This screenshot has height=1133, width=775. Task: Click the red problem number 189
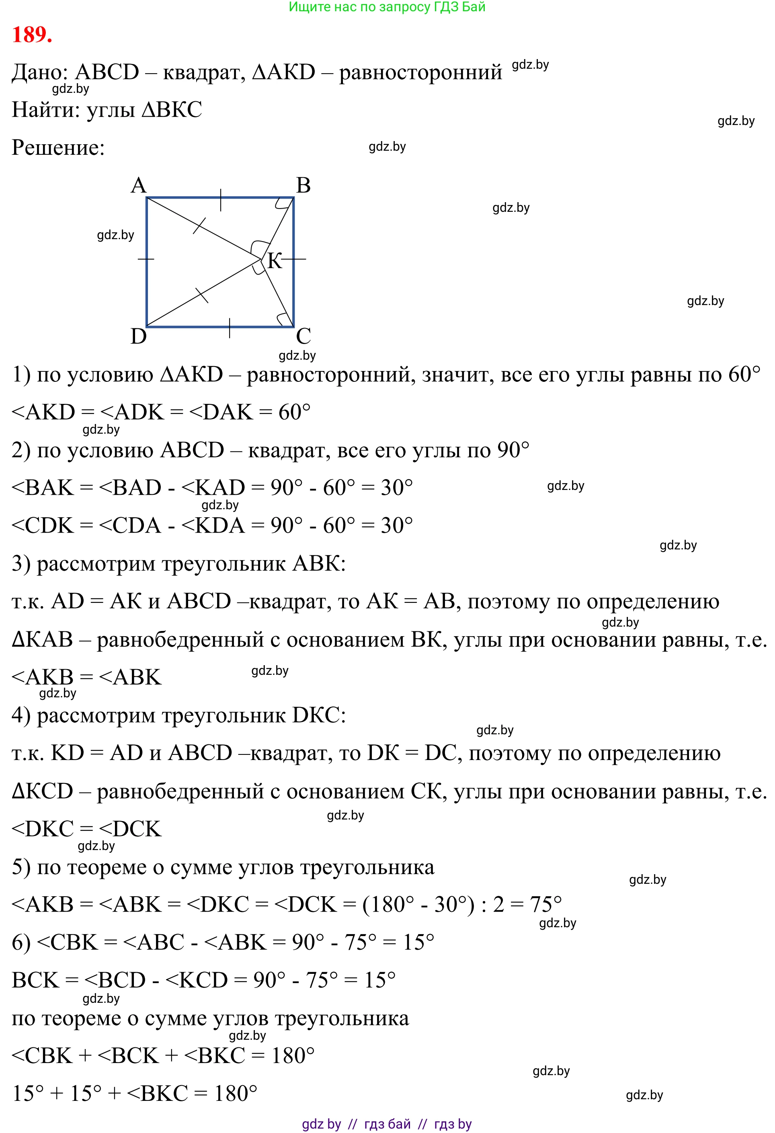[x=32, y=35]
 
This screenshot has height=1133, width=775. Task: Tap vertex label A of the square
[x=139, y=185]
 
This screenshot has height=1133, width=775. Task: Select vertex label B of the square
[x=303, y=185]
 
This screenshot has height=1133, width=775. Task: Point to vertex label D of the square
[x=139, y=336]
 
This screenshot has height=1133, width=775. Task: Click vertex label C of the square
[x=303, y=336]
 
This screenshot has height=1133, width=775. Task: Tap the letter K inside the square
[x=275, y=261]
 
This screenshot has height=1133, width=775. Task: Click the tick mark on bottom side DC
[x=229, y=328]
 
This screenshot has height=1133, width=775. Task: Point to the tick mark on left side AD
[x=146, y=259]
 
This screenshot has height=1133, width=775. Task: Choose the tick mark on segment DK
[x=202, y=295]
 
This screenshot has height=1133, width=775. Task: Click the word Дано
[x=39, y=73]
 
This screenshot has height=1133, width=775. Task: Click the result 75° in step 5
[x=546, y=905]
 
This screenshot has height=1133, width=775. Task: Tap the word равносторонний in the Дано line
[x=420, y=73]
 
